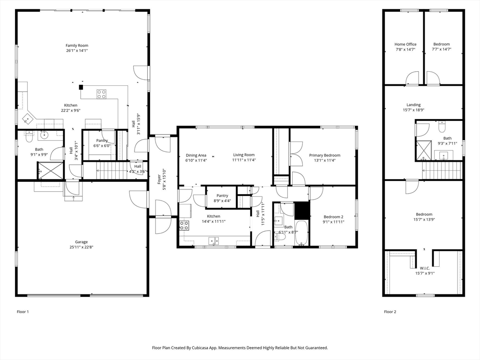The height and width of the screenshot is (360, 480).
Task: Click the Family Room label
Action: click(x=77, y=45)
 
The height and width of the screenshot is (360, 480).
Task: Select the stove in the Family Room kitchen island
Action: click(x=102, y=94)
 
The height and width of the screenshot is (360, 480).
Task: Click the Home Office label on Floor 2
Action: click(x=405, y=44)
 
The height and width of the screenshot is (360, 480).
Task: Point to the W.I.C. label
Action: click(x=425, y=268)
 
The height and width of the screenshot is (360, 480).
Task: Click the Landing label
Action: click(x=413, y=105)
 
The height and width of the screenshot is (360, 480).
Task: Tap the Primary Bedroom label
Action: click(x=324, y=155)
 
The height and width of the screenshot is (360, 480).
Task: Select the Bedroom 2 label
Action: click(x=333, y=217)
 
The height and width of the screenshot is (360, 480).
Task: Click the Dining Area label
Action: click(x=196, y=155)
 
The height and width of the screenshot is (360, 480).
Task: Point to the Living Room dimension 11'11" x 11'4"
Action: click(x=244, y=160)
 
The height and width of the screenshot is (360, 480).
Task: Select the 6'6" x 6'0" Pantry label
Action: click(x=102, y=145)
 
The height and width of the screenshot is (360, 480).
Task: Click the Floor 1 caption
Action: click(x=22, y=311)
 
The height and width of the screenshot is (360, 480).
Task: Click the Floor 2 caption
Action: click(x=390, y=311)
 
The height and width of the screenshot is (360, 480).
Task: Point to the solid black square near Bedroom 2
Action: click(x=302, y=210)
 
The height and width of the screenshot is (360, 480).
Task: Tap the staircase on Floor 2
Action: click(x=442, y=170)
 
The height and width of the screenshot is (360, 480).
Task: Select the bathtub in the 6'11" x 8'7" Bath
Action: click(x=301, y=233)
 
